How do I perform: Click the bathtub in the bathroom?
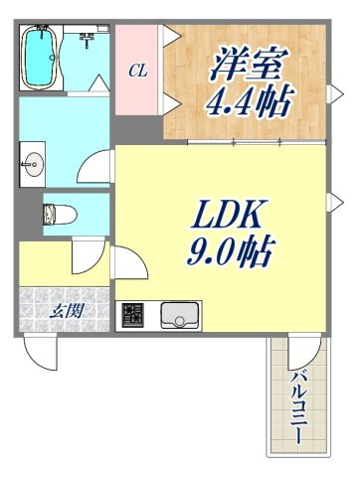click(40, 58)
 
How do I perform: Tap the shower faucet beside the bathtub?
click(88, 40)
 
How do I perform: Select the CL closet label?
click(138, 71)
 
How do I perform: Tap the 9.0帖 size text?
click(230, 251)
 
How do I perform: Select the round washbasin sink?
click(33, 164)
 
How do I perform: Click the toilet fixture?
click(60, 215)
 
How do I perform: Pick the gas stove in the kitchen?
click(132, 315)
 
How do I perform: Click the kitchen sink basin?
click(180, 315)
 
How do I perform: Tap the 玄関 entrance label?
click(67, 311)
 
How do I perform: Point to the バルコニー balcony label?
click(299, 406)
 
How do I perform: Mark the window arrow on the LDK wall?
click(335, 203)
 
